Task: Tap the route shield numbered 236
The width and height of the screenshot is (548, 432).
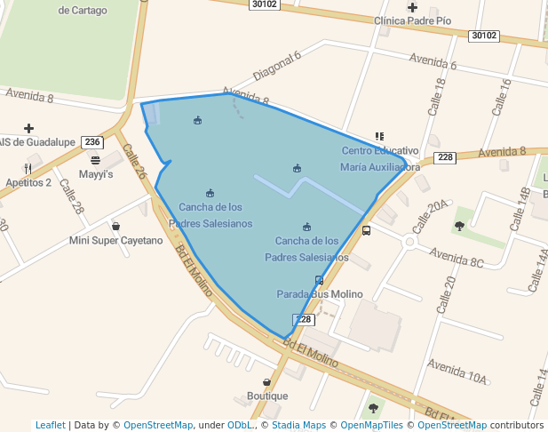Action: pos(91,142)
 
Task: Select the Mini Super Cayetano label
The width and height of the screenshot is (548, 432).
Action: pos(116,240)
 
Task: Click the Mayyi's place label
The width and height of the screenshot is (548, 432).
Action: pos(96,174)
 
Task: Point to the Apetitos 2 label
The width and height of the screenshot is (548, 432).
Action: pos(28,182)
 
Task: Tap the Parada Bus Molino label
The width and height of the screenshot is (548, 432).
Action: pos(320,294)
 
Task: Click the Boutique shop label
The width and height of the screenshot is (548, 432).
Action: pos(267,396)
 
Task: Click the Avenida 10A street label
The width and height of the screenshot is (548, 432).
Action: pos(457,372)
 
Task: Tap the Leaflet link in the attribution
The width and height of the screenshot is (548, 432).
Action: pos(50,425)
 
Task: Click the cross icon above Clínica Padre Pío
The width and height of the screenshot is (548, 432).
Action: pos(412,7)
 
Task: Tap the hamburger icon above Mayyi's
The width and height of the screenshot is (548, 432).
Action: pos(95,160)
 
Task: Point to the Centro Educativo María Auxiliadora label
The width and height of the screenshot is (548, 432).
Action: pos(380,158)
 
